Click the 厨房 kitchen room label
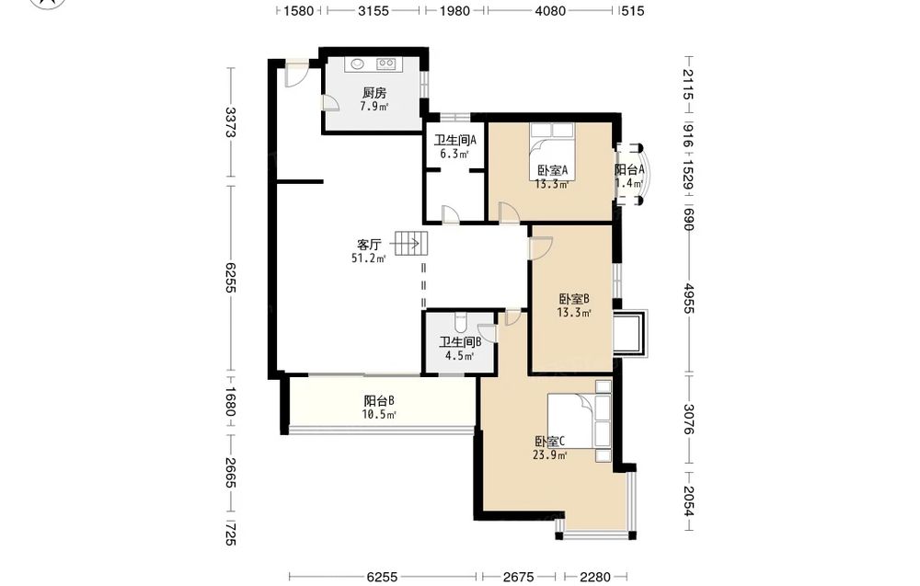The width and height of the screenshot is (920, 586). (x=374, y=93)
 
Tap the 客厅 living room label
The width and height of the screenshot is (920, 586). (x=369, y=244)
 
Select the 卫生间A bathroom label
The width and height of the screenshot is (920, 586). (x=454, y=140)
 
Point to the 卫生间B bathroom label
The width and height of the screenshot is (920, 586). (x=460, y=341)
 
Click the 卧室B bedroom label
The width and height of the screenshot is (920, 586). (x=573, y=299)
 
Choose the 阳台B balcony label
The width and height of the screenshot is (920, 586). (x=378, y=401)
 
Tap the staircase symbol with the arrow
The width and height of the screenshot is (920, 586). (x=410, y=243)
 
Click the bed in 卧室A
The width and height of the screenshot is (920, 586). (x=551, y=145)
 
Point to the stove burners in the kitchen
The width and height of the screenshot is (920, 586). (x=386, y=63)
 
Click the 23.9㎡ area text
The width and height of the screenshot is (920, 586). (x=550, y=454)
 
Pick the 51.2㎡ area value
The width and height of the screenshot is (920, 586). (x=368, y=259)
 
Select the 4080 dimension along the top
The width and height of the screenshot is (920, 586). (x=550, y=10)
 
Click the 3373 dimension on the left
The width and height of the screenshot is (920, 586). (x=231, y=122)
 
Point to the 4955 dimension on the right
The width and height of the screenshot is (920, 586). (x=689, y=299)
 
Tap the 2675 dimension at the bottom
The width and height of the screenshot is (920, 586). (x=519, y=577)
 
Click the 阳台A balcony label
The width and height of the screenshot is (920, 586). (x=629, y=169)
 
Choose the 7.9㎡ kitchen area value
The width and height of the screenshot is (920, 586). (x=374, y=106)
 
